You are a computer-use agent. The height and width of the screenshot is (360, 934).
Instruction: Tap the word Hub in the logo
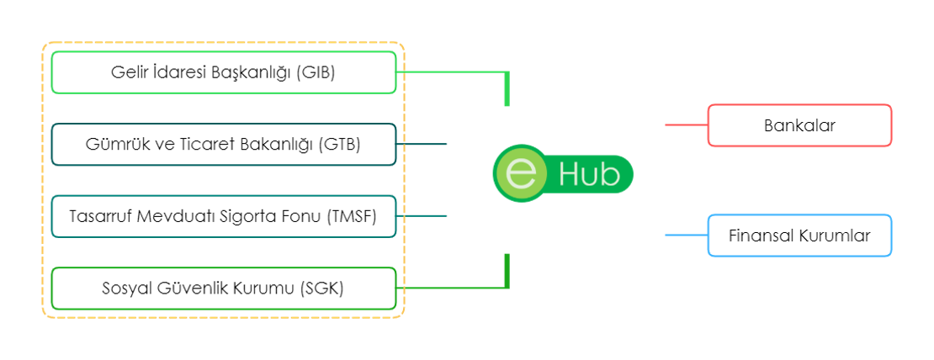pyautogui.click(x=589, y=175)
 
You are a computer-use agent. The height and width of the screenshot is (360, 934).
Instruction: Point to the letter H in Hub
pyautogui.click(x=567, y=175)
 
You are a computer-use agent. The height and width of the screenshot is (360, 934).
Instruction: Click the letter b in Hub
pyautogui.click(x=610, y=175)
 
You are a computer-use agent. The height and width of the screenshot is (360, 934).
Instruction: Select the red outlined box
pyautogui.click(x=799, y=125)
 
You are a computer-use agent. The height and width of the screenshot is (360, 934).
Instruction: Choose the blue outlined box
pyautogui.click(x=799, y=236)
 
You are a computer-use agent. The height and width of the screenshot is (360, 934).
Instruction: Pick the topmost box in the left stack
pyautogui.click(x=224, y=72)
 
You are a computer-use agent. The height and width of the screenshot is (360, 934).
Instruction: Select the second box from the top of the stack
pyautogui.click(x=224, y=145)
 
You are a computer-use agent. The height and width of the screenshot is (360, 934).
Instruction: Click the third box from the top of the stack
pyautogui.click(x=224, y=216)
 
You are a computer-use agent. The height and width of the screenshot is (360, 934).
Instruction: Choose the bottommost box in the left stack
pyautogui.click(x=224, y=289)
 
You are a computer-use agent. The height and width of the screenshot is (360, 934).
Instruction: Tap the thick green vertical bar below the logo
pyautogui.click(x=507, y=269)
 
